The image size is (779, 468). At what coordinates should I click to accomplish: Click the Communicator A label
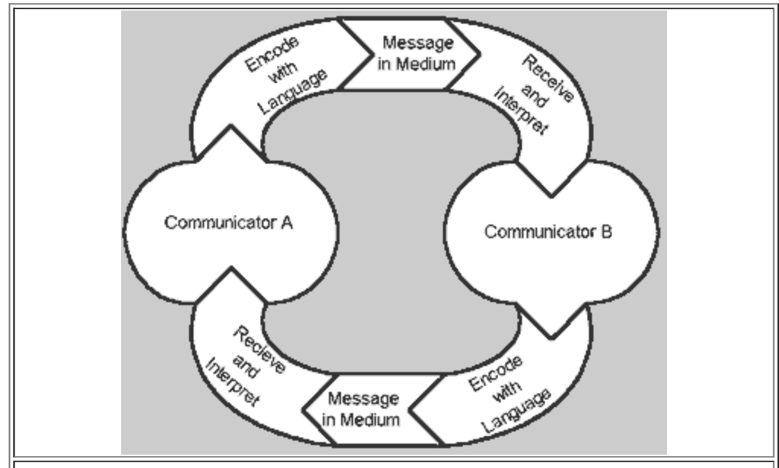pos(228,223)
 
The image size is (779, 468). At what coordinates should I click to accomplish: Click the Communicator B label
pos(548,232)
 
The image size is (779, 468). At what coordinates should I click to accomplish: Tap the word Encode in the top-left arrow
pos(272,53)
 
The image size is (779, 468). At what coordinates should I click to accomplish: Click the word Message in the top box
pos(418,43)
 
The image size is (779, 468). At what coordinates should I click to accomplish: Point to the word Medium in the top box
pos(426,64)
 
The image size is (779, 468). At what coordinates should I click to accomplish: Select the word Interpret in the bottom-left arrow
pos(233,383)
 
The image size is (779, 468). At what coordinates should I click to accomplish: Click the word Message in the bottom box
pos(362,399)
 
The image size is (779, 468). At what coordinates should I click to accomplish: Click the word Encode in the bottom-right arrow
pos(495,374)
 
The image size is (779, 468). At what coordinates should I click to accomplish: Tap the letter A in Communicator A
pos(286,223)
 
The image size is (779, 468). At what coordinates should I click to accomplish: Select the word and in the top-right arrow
pos(533,96)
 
